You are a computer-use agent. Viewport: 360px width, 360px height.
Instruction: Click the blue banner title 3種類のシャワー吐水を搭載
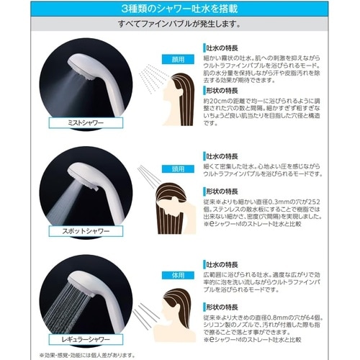coord(179,9)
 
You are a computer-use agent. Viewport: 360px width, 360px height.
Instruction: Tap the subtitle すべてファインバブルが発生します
coord(179,25)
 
